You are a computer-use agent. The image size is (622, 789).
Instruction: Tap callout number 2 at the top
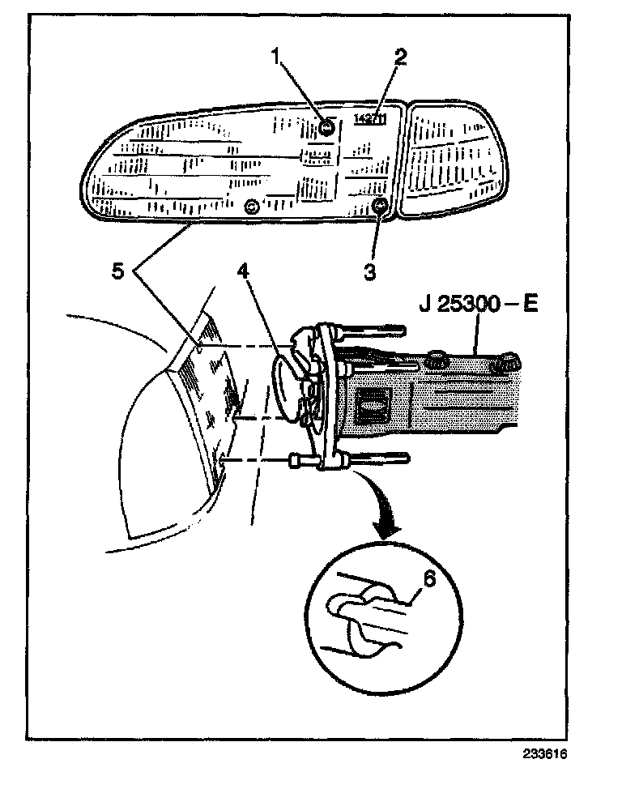click(400, 58)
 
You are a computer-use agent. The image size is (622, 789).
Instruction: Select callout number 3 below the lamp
click(369, 271)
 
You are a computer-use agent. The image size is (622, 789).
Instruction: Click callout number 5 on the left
click(118, 272)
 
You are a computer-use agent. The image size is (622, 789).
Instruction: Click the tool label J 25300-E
click(479, 306)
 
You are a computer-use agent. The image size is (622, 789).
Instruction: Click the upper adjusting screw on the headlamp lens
click(326, 128)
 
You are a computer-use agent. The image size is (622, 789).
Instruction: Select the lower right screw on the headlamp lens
click(379, 208)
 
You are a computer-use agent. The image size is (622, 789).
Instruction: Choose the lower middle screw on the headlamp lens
click(252, 207)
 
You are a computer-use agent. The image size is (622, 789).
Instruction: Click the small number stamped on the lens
click(370, 120)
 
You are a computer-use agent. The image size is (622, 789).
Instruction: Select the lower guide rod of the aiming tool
click(377, 459)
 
